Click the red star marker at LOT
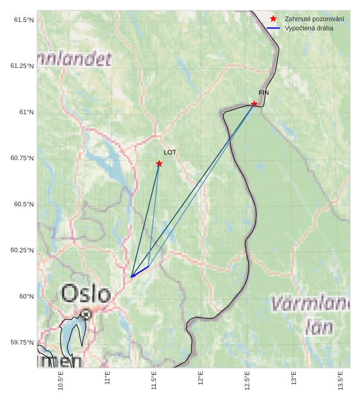tap(159, 164)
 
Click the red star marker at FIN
tap(254, 104)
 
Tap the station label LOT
tap(170, 153)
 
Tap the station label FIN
tap(264, 93)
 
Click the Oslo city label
tap(86, 293)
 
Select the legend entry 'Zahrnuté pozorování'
tap(314, 19)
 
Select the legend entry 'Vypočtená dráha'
tap(309, 28)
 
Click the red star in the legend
tap(274, 19)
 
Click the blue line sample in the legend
tap(274, 28)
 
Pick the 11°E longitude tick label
tap(107, 380)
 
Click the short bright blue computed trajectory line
tap(140, 272)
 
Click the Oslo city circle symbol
tap(86, 314)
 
